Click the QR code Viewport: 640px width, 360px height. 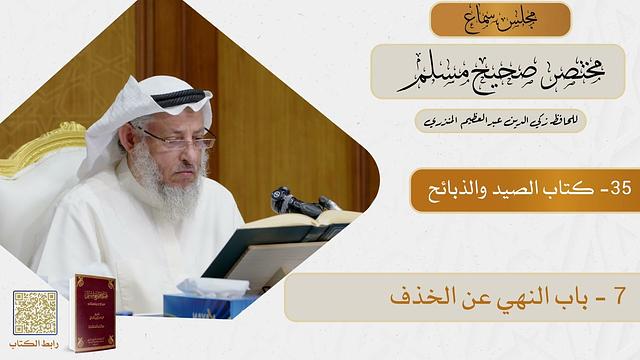tap(35, 312)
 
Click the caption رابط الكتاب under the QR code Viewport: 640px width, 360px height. tap(35, 346)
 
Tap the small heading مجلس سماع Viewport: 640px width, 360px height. tap(500, 19)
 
